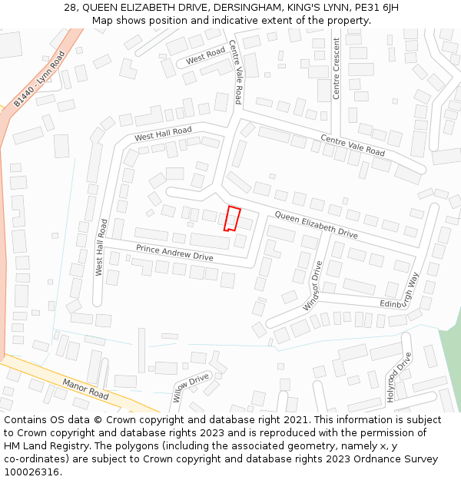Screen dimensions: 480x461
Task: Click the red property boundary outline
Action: point(232,218)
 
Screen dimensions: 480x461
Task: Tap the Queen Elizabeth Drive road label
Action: point(316,224)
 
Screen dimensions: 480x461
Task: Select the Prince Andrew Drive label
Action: point(174,252)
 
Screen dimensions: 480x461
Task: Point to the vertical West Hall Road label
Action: point(101,247)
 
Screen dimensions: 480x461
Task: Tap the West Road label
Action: point(205,55)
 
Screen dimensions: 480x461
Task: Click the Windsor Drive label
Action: point(313,285)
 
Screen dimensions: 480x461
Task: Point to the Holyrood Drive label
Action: point(399,377)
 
